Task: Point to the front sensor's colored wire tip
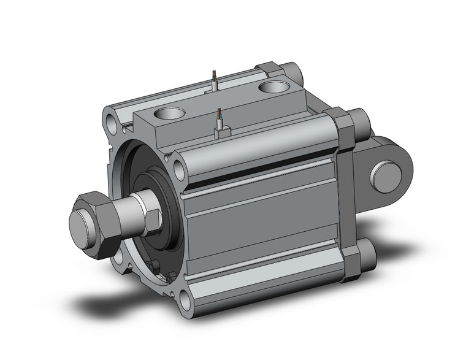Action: tap(219, 113)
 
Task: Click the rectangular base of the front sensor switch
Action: tap(221, 130)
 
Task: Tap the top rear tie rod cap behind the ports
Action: tap(294, 73)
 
